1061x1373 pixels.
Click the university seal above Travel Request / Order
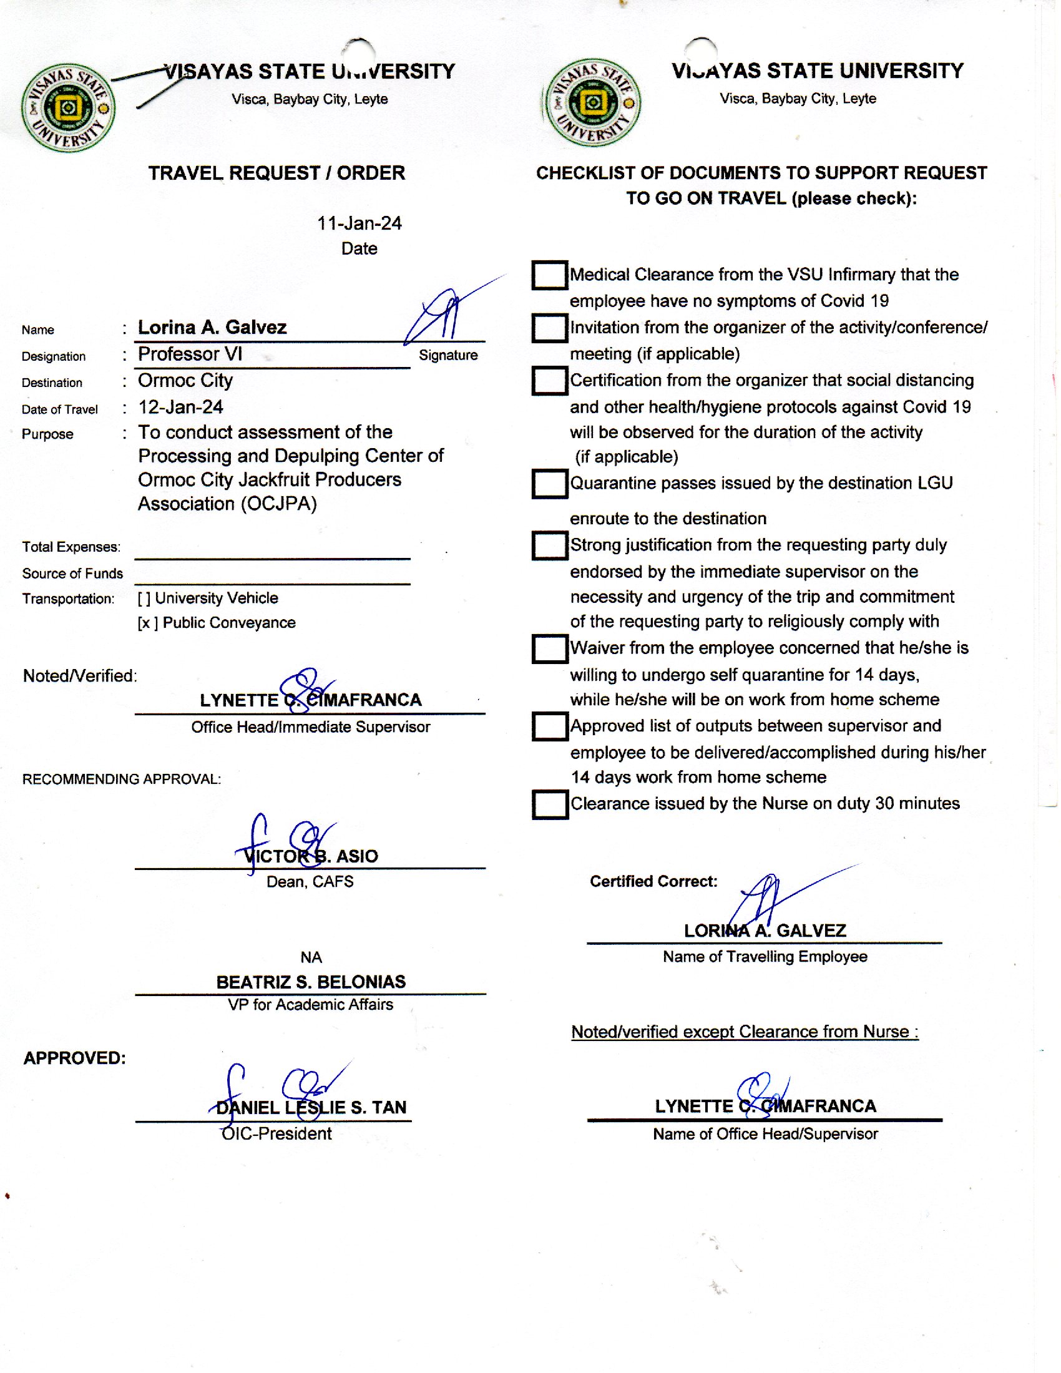pos(68,107)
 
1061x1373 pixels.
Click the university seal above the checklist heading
pos(592,103)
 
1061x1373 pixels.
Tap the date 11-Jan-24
pos(359,223)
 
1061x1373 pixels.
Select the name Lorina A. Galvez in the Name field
pos(212,328)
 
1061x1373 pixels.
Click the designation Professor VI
pos(190,354)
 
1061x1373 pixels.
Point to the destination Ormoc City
pos(185,380)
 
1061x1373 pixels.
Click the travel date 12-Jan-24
pos(180,408)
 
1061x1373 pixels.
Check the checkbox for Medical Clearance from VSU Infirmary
pos(549,275)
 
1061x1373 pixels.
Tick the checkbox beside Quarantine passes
pos(549,484)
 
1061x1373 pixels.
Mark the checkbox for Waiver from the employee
pos(549,649)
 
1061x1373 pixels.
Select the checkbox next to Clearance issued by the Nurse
pos(549,804)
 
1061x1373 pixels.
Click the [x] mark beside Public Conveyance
pos(147,623)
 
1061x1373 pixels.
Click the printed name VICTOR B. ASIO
pos(311,856)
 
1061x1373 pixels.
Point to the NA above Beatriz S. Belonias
pos(311,957)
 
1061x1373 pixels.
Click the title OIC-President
pos(276,1134)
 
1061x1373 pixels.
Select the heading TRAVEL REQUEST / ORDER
pos(276,173)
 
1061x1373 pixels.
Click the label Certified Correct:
pos(653,881)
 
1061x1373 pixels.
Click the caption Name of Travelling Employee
pos(765,957)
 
